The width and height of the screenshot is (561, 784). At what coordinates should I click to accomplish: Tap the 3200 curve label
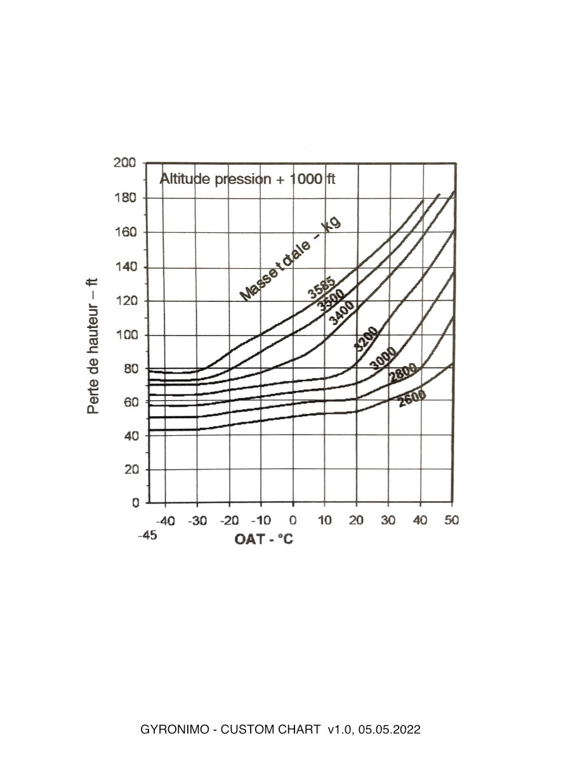[367, 340]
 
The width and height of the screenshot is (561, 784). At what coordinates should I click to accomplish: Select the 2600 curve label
[412, 398]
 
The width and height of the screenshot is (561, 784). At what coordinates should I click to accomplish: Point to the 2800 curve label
[402, 374]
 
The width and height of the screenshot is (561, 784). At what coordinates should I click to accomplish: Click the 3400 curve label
[342, 313]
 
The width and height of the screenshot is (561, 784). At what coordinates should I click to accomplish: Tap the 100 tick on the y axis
[125, 334]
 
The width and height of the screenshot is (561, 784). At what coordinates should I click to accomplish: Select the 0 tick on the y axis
[135, 503]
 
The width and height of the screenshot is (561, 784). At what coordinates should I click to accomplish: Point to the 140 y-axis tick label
[125, 266]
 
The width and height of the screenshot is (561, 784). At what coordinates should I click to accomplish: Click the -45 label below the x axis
[147, 535]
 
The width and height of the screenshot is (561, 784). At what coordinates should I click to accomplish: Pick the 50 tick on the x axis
[451, 521]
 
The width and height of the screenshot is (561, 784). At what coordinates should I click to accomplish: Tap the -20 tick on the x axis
[228, 521]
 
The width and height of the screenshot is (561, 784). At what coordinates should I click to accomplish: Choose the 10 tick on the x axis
[324, 521]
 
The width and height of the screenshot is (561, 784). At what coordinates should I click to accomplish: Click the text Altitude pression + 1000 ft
[247, 179]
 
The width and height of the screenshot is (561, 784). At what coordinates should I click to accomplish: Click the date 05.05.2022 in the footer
[389, 730]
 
